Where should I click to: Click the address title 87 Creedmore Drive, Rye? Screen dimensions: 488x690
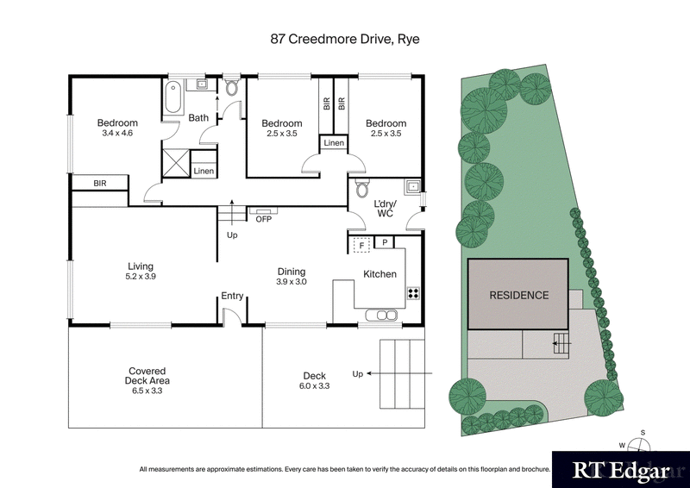tap(344, 39)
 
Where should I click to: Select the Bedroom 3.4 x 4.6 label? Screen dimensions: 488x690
tap(116, 128)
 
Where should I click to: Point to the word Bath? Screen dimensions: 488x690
tap(198, 118)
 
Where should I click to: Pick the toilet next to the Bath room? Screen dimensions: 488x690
tap(230, 88)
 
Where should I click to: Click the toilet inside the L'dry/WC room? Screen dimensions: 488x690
tap(362, 189)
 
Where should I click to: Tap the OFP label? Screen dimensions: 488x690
tap(263, 219)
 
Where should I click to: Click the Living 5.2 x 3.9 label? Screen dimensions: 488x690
tap(140, 272)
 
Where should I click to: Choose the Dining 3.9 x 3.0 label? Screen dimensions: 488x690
tap(292, 277)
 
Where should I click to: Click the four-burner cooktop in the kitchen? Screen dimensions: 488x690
tap(413, 292)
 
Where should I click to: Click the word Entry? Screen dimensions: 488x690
tap(232, 296)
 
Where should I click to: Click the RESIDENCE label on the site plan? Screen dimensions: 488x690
tap(518, 295)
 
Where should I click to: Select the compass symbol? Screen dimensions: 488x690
tap(637, 446)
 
